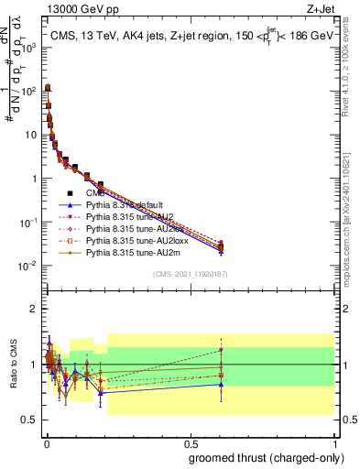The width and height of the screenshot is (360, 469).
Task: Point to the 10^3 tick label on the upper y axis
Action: coord(27,47)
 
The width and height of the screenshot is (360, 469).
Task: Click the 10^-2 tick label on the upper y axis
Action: coord(27,266)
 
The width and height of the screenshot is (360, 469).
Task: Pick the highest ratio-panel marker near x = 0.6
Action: coord(221,350)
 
